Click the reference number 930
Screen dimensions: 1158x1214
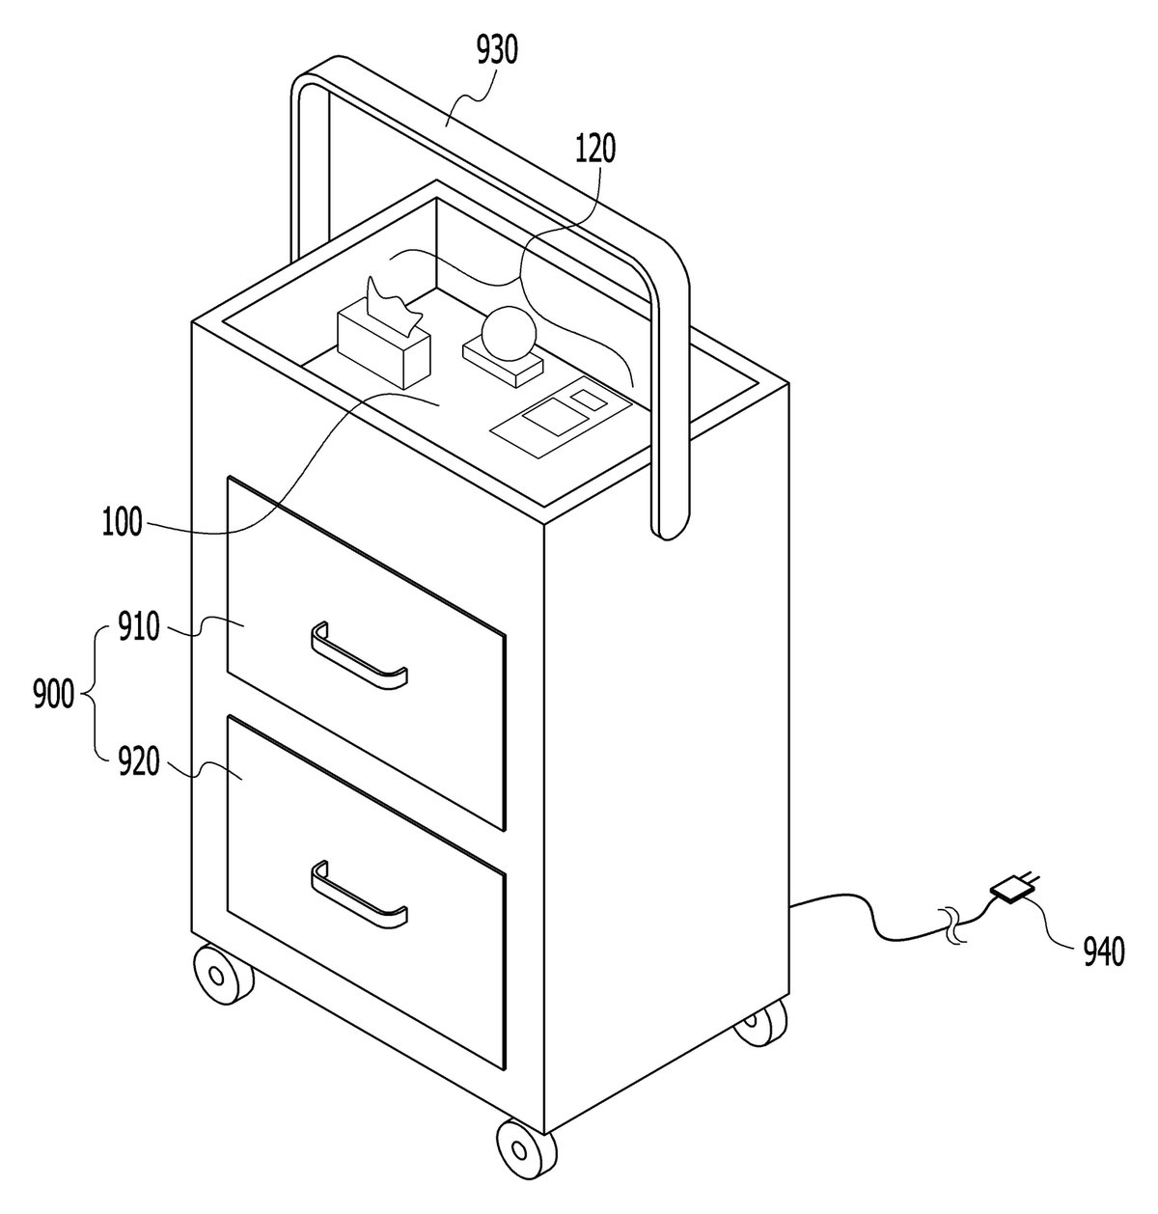point(497,50)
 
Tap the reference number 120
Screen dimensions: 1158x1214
point(595,149)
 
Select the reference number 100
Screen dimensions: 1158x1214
point(123,522)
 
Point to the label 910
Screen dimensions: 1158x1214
point(139,627)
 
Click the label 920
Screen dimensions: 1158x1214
point(139,761)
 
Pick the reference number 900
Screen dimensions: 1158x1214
point(54,694)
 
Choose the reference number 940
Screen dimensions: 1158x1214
point(1104,952)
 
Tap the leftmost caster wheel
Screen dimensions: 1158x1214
point(223,975)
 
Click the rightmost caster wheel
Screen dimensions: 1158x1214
point(761,1024)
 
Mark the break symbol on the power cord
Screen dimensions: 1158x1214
point(954,926)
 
